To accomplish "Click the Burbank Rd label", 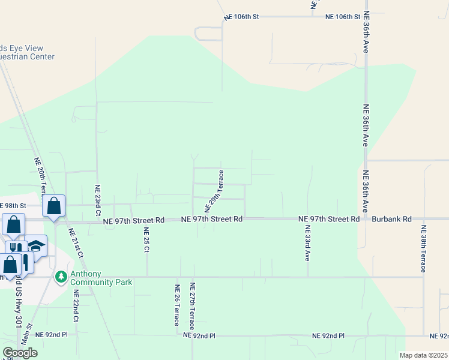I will click(391, 220).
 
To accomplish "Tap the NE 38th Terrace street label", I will click(423, 248).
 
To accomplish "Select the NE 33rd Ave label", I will click(307, 243).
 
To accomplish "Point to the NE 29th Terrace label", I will click(215, 191).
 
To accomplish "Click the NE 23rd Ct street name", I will click(97, 200).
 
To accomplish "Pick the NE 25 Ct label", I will click(146, 241).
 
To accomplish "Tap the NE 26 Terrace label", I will click(177, 305).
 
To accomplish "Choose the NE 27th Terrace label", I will click(192, 306).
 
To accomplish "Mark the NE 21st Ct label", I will click(76, 243).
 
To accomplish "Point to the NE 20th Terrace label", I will click(40, 177).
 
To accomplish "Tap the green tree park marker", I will click(60, 277).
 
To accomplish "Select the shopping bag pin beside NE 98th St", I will click(54, 206).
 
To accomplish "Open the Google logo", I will click(20, 353).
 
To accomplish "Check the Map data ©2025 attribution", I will click(423, 355).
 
